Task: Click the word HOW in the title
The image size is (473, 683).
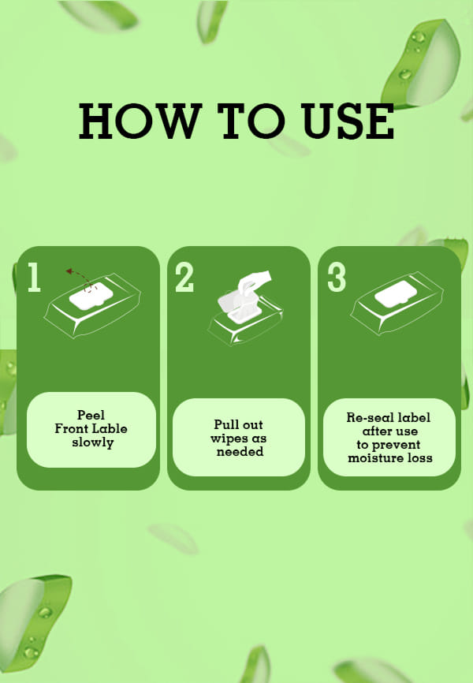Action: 140,121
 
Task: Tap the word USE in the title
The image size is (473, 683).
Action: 348,121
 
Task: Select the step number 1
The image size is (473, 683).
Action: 34,277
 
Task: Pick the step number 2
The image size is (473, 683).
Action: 184,277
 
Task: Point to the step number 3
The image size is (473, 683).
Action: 337,277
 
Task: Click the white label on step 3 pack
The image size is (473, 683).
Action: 396,293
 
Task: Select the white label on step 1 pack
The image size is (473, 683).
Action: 91,296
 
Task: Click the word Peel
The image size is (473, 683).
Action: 91,415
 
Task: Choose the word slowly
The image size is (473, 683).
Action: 93,442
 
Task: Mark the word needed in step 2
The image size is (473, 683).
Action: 240,452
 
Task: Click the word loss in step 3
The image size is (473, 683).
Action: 421,457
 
